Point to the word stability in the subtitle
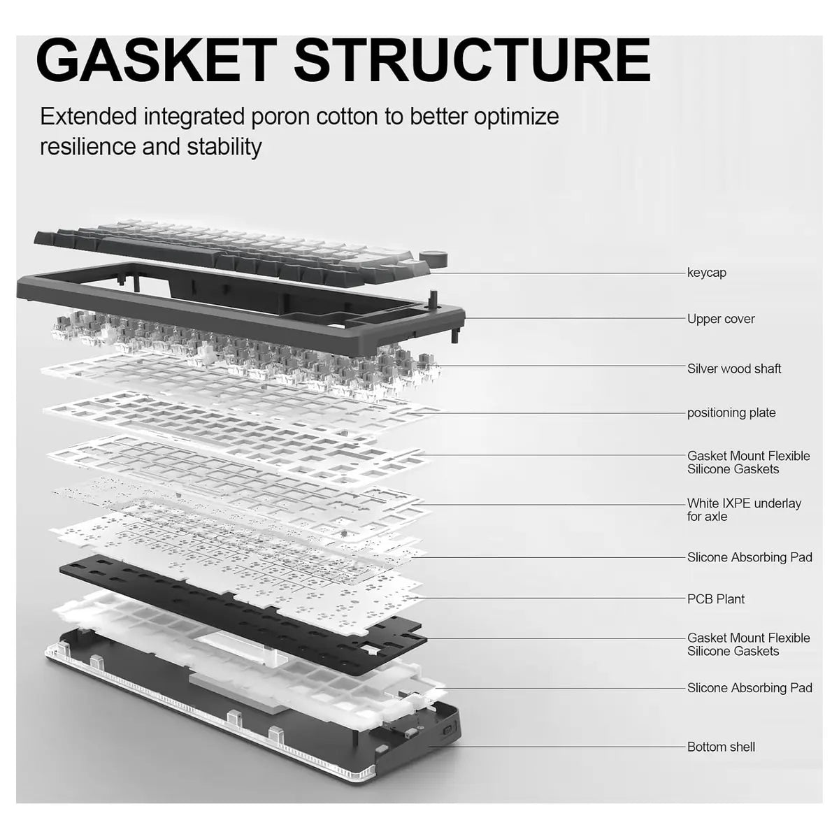point(224,147)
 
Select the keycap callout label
point(707,273)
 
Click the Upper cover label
point(721,319)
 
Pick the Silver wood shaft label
point(734,368)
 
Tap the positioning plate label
point(731,413)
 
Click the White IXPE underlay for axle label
point(744,510)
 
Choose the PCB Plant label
point(716,599)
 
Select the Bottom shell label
point(721,747)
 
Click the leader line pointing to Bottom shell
point(557,747)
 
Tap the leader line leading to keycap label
point(557,273)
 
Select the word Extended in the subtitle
point(89,117)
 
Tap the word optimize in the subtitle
point(517,117)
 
